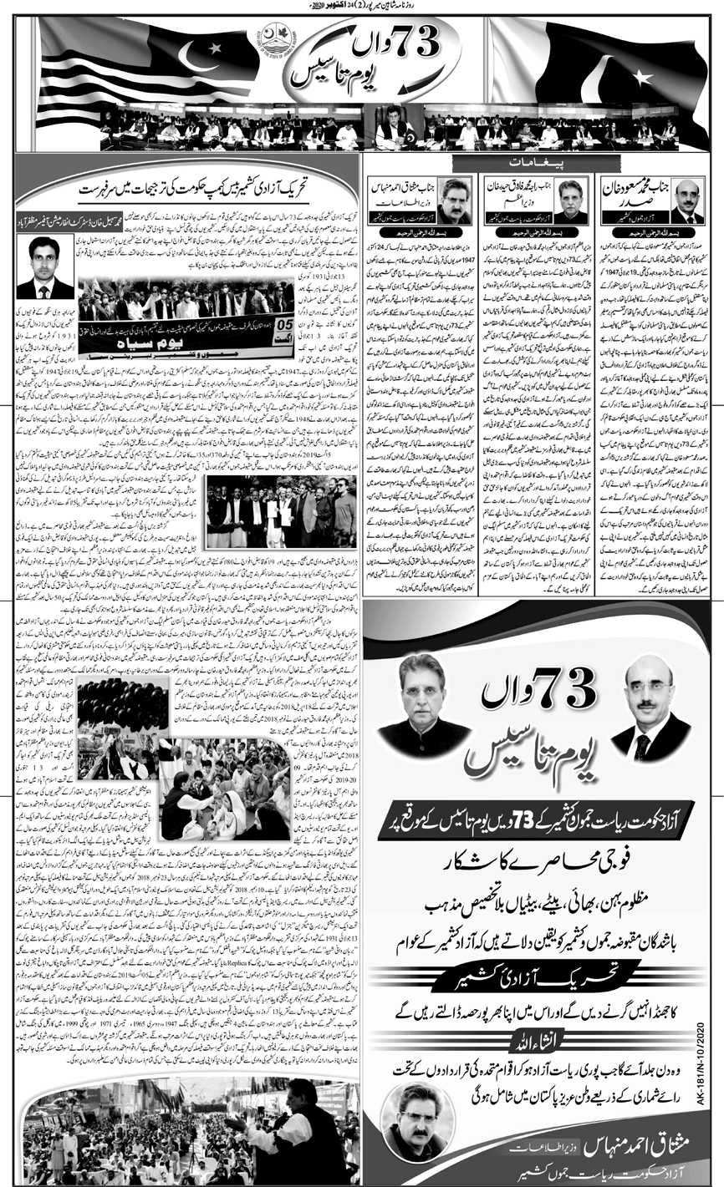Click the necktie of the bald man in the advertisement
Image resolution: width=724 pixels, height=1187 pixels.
pyautogui.click(x=642, y=747)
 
